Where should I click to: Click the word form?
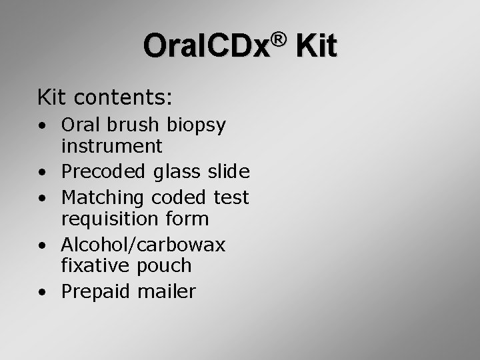(190, 218)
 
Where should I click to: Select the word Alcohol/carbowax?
(143, 245)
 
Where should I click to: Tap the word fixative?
(96, 265)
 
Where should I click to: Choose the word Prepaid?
(97, 292)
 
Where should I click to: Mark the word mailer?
(167, 291)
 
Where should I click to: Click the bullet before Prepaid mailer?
(42, 292)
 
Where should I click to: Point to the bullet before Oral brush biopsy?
(42, 125)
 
